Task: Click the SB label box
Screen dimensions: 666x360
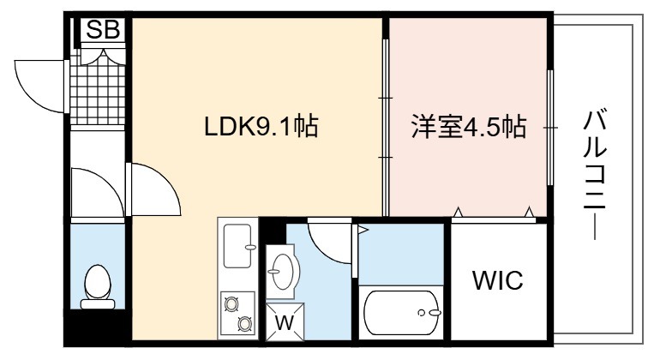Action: [x=102, y=29]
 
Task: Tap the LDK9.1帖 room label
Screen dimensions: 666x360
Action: [x=261, y=127]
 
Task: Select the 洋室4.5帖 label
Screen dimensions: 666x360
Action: [x=469, y=127]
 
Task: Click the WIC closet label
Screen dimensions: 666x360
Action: [x=498, y=280]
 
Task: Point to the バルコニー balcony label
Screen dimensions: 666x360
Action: [x=594, y=175]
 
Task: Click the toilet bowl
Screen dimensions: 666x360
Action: [x=98, y=286]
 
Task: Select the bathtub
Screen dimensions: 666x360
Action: [x=400, y=313]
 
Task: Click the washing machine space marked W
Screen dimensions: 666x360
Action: [x=285, y=321]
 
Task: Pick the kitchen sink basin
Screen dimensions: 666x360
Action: [x=237, y=246]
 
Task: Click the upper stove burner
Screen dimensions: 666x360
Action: [x=231, y=303]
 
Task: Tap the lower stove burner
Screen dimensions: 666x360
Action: [x=244, y=324]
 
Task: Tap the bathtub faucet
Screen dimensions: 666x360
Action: [x=430, y=313]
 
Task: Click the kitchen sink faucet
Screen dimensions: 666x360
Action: [x=249, y=247]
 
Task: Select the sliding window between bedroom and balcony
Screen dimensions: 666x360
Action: [x=550, y=127]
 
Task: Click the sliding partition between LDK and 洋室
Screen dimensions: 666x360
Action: [x=386, y=128]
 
